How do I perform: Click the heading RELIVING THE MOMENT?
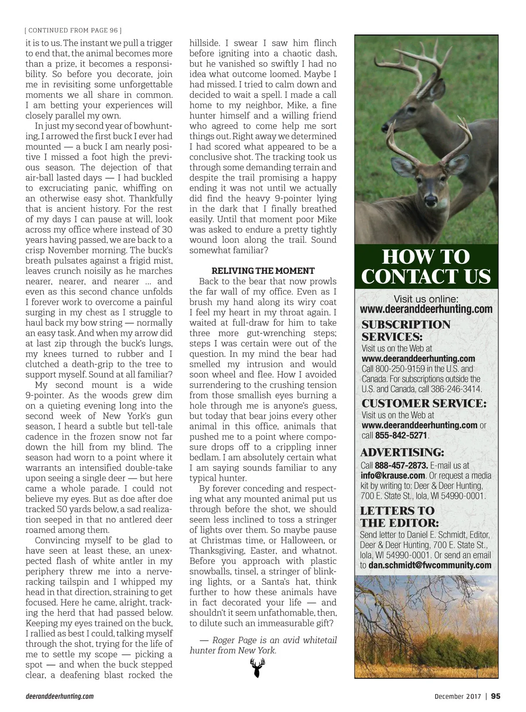coord(263,271)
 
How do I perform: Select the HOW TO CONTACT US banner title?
coord(426,266)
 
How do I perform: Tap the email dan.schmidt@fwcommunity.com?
coord(430,565)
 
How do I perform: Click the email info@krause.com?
coord(393,475)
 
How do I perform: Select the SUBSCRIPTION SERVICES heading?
coord(405,331)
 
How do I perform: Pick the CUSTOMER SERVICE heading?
coord(423,404)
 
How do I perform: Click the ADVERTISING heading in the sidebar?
coord(402,452)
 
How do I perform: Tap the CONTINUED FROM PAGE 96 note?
coord(73,30)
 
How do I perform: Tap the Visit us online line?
coord(426,299)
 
